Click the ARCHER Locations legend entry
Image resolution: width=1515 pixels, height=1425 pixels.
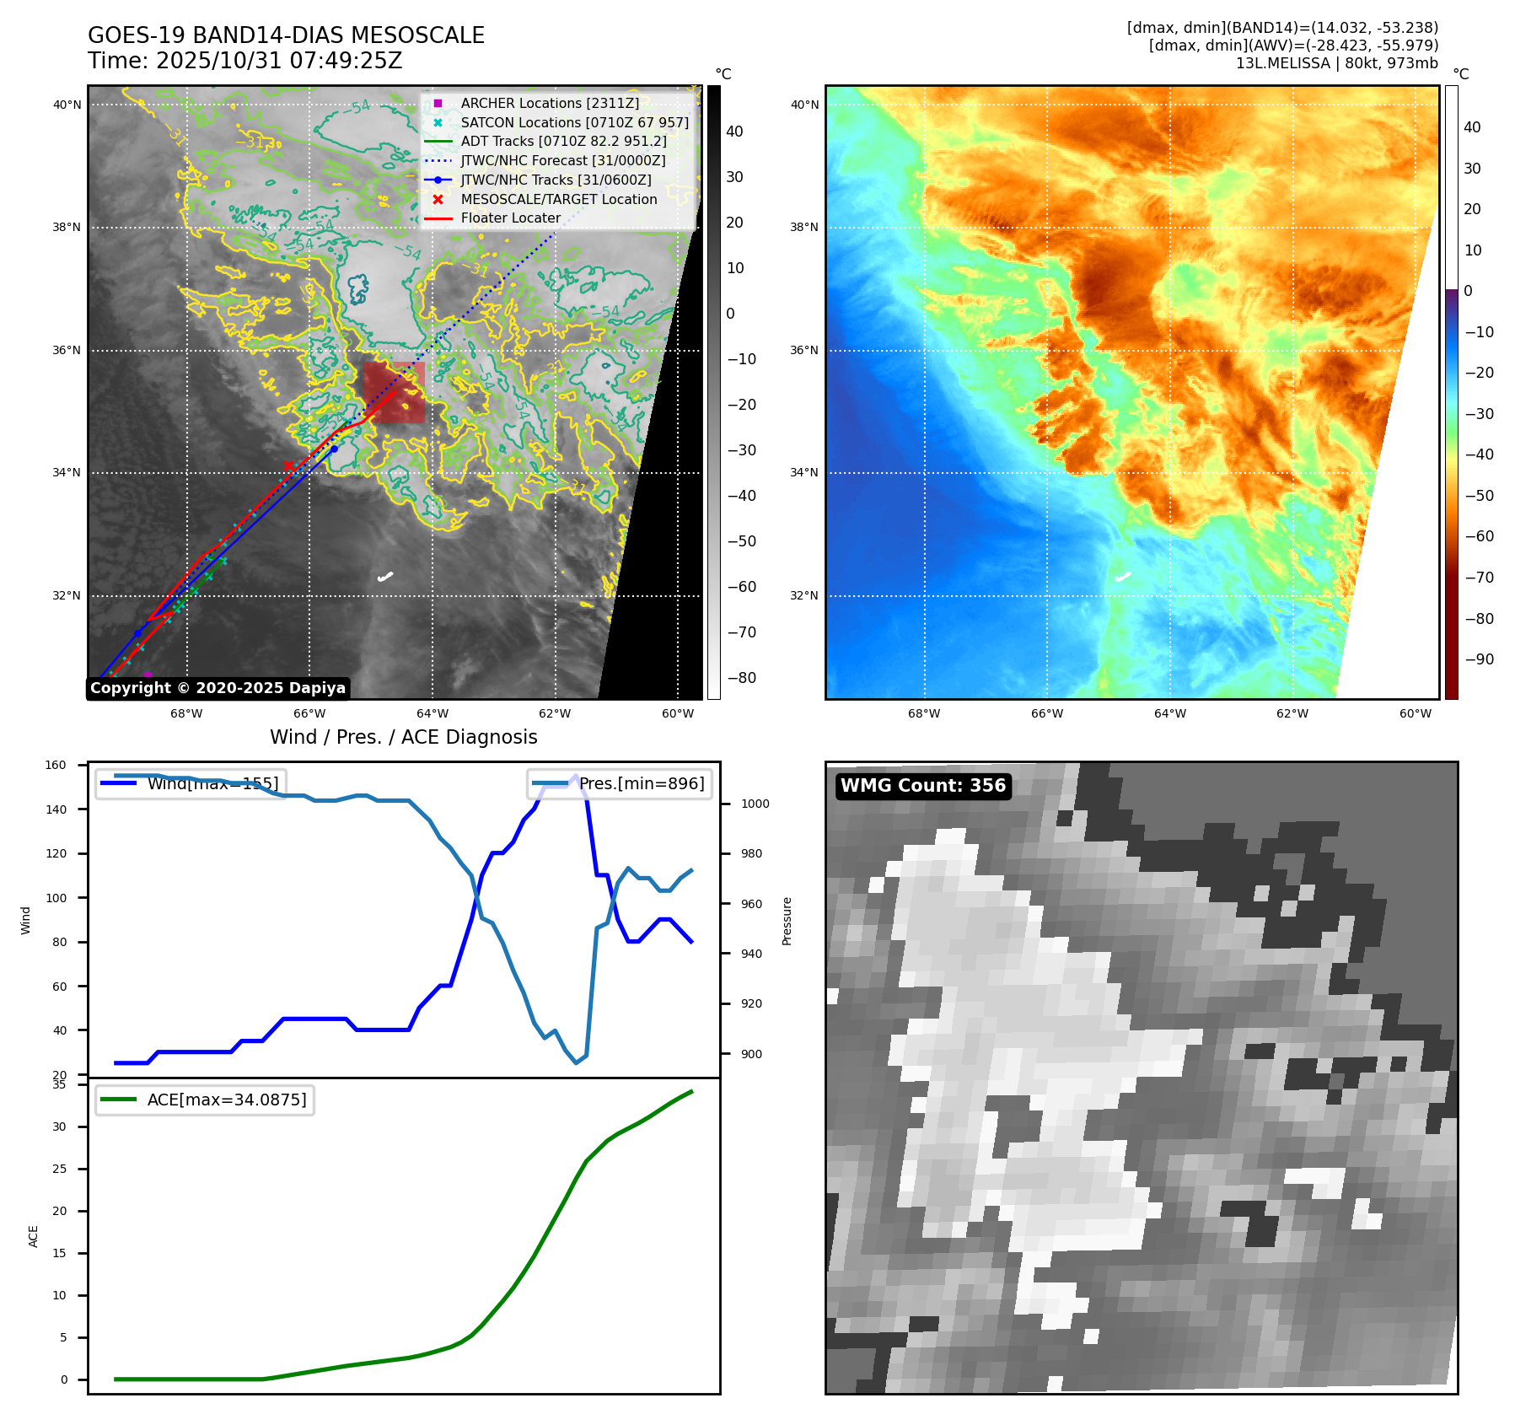click(x=550, y=103)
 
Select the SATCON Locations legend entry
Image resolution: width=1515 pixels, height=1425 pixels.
click(x=574, y=122)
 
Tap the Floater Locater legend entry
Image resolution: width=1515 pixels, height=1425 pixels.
click(x=510, y=218)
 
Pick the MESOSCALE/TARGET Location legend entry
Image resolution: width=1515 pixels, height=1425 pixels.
click(x=558, y=199)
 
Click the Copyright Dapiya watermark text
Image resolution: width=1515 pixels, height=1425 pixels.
click(x=218, y=688)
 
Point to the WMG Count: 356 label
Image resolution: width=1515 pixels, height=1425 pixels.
click(x=923, y=786)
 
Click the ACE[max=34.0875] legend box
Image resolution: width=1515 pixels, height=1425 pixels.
click(x=205, y=1100)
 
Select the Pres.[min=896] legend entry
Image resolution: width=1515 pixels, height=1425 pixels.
click(x=620, y=783)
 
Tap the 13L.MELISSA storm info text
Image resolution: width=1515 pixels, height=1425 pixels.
click(x=1336, y=63)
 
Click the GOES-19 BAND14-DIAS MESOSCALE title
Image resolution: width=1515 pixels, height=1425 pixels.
click(x=286, y=35)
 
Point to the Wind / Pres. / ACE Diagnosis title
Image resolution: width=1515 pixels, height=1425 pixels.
click(x=403, y=737)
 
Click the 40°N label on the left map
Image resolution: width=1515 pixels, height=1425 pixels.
click(x=67, y=105)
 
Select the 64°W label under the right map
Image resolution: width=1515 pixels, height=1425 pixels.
click(x=1169, y=713)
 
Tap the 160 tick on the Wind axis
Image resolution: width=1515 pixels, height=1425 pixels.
click(x=56, y=766)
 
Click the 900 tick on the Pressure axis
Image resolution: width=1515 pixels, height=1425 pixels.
click(x=755, y=1054)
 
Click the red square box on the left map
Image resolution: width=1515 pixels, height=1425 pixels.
click(x=394, y=392)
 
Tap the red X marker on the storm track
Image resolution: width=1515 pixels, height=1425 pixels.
click(x=288, y=465)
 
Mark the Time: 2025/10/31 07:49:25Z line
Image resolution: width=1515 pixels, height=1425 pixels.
click(x=244, y=61)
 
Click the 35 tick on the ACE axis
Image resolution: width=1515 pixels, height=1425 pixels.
click(x=59, y=1084)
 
